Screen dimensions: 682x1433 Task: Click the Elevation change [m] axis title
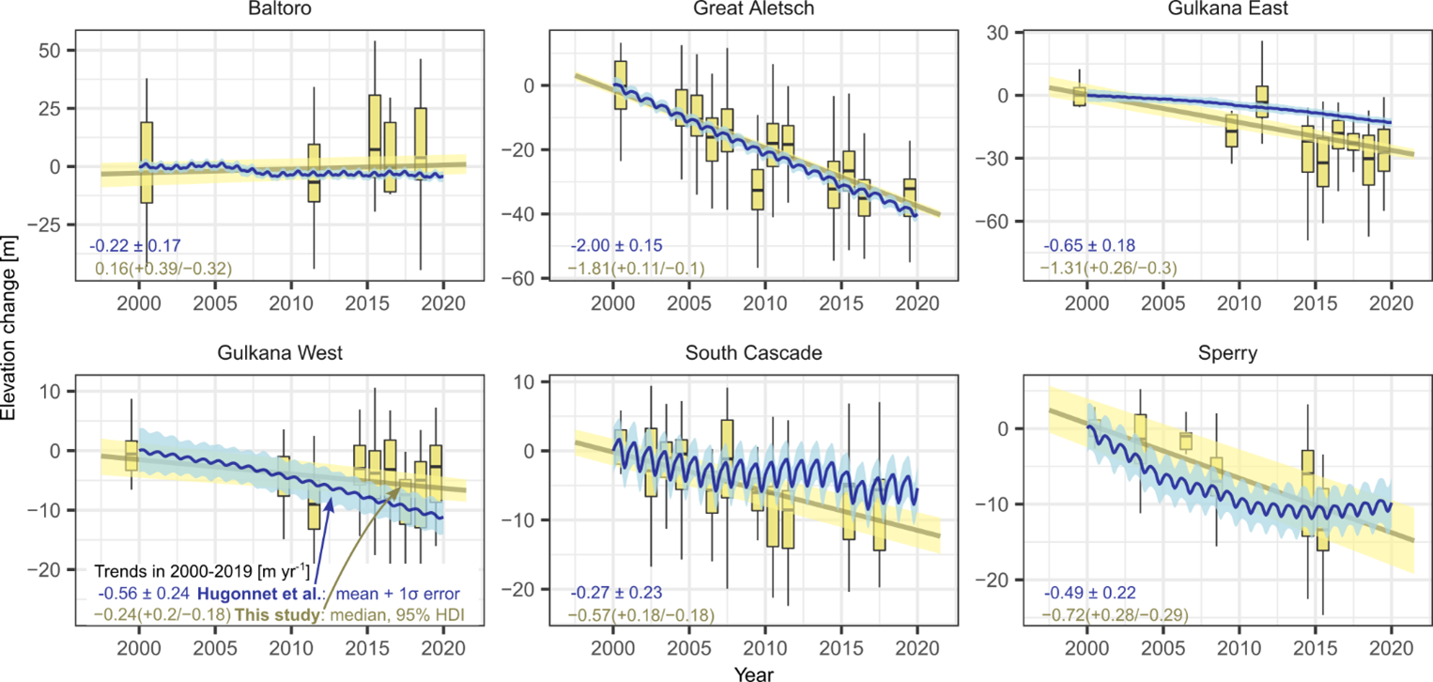pyautogui.click(x=11, y=340)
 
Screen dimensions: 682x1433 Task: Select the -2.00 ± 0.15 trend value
pyautogui.click(x=615, y=246)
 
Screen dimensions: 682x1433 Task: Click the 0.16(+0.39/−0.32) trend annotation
pyautogui.click(x=163, y=269)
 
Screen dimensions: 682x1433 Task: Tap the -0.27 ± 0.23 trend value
pyautogui.click(x=615, y=593)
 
